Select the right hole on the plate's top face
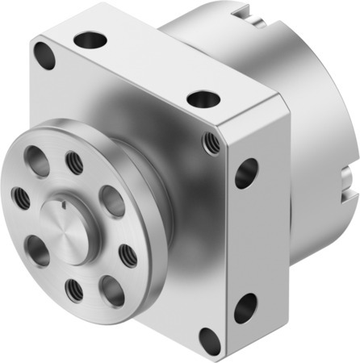199,101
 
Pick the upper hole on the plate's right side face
246,173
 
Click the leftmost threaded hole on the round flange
18,196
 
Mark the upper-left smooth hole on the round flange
36,158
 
